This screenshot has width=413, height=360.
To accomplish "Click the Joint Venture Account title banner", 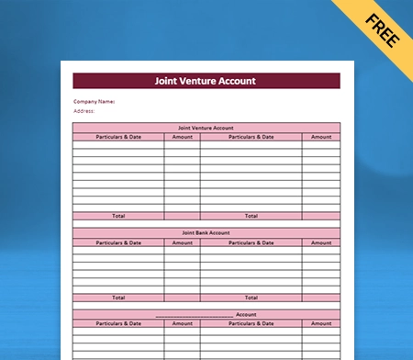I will tap(206, 81).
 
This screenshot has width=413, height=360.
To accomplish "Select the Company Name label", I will tap(94, 102).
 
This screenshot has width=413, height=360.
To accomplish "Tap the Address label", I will tap(84, 111).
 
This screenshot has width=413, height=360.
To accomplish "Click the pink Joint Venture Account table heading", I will tap(206, 128).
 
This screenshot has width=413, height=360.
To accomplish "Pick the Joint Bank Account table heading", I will tap(206, 233).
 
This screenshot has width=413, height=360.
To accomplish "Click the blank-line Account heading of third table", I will tap(206, 314).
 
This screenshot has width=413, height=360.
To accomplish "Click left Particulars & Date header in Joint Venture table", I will tap(118, 137).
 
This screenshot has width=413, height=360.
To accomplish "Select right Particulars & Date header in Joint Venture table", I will tap(251, 137).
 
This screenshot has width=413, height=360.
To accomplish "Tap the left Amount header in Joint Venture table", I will tap(182, 137).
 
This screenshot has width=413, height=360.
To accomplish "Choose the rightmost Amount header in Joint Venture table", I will tap(321, 137).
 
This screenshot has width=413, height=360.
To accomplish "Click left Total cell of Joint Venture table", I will tap(118, 216).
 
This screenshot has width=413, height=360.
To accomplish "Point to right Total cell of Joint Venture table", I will tap(251, 216).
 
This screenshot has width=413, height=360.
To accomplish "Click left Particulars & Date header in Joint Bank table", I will tap(118, 242).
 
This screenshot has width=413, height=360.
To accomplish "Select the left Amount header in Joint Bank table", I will tap(182, 242).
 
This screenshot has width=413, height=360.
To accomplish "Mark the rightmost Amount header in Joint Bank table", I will tap(321, 242).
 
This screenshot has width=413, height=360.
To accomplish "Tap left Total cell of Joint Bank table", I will tap(118, 298).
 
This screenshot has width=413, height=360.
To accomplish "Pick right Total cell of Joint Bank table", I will tap(251, 298).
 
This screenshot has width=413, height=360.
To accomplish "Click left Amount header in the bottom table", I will tap(182, 323).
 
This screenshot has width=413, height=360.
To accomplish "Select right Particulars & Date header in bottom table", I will tap(251, 323).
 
